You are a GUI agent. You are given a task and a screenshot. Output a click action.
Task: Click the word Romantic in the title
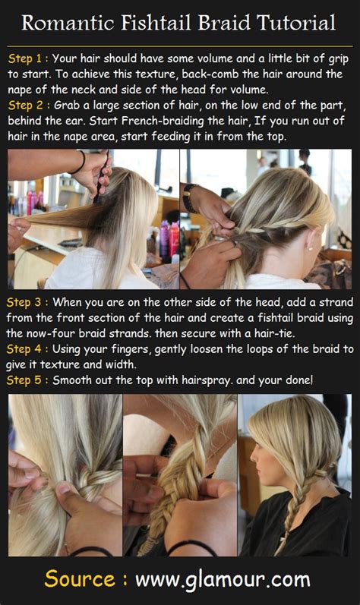(66, 23)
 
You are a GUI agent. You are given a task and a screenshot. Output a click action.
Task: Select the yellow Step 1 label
(29, 57)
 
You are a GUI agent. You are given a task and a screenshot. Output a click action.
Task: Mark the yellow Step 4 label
(29, 349)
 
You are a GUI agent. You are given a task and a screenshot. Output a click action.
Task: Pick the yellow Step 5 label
(29, 378)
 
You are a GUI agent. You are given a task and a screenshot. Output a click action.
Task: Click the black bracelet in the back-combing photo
(80, 162)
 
